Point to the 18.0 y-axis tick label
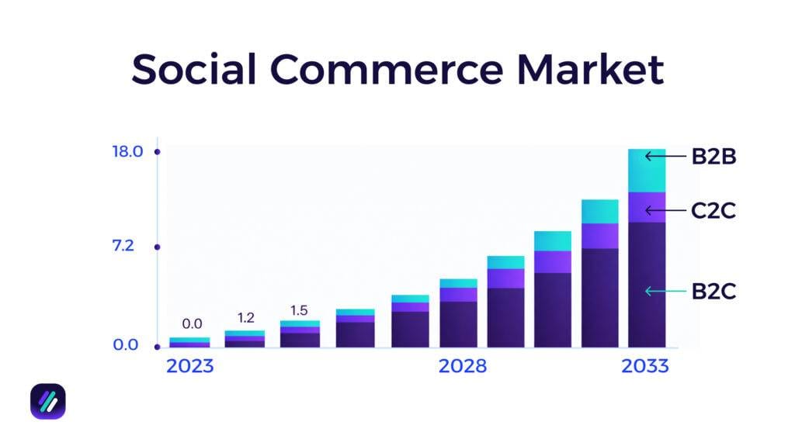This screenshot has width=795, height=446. tap(127, 151)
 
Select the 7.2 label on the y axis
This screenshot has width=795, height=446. tap(123, 247)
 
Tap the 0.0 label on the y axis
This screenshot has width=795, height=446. tap(126, 345)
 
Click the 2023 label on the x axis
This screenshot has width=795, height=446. tap(189, 366)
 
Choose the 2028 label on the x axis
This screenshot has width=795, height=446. tap(463, 366)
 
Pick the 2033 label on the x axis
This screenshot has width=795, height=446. tap(644, 366)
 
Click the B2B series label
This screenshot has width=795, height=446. tap(713, 157)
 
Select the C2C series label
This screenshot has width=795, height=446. tap(713, 210)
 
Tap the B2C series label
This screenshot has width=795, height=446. tap(713, 292)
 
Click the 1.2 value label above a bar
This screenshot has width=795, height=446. tap(245, 317)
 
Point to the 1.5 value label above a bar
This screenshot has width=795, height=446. tap(299, 310)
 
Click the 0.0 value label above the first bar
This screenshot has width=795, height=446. tap(191, 323)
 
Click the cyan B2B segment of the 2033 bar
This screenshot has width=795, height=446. tap(647, 171)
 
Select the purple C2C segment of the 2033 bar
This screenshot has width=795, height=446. tap(647, 207)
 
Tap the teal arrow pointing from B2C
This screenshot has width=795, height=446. tap(665, 292)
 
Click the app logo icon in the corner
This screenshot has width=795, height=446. tap(47, 401)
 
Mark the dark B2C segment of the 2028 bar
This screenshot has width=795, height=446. tap(458, 323)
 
